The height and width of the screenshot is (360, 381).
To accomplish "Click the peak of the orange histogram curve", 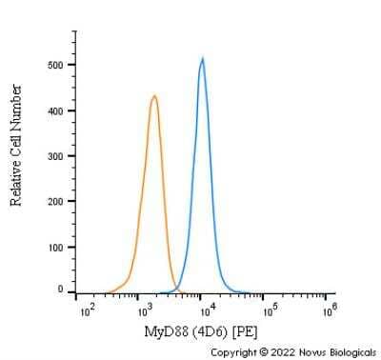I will (154, 95).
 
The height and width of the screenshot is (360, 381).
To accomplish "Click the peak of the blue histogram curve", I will (203, 59).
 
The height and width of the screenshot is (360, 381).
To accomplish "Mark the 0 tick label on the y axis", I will (61, 289).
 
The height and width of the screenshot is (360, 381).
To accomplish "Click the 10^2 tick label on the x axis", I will (87, 310).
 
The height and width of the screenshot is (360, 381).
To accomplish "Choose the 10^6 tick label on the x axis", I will (329, 310).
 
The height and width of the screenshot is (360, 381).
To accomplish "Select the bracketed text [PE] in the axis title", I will (243, 330).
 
